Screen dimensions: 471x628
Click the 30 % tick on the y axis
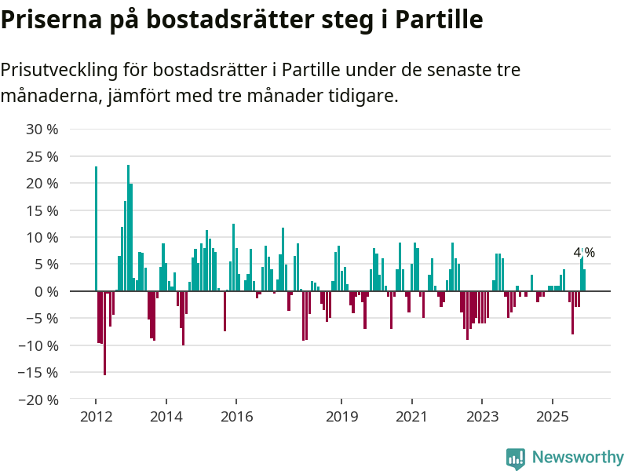[42, 130]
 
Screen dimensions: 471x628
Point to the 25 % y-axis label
[42, 156]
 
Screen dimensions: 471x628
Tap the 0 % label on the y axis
[46, 291]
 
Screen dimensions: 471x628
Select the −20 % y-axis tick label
[38, 400]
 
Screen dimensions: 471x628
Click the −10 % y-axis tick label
[38, 345]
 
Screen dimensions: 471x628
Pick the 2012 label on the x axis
[96, 417]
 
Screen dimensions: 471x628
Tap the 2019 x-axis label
[341, 417]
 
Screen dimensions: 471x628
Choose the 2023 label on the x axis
[482, 417]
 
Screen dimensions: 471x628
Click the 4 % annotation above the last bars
[584, 253]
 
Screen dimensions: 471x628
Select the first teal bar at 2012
[96, 228]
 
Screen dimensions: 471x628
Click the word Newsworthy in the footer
[578, 458]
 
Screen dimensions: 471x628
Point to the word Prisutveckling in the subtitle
[58, 71]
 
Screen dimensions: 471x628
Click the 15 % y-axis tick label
[42, 210]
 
